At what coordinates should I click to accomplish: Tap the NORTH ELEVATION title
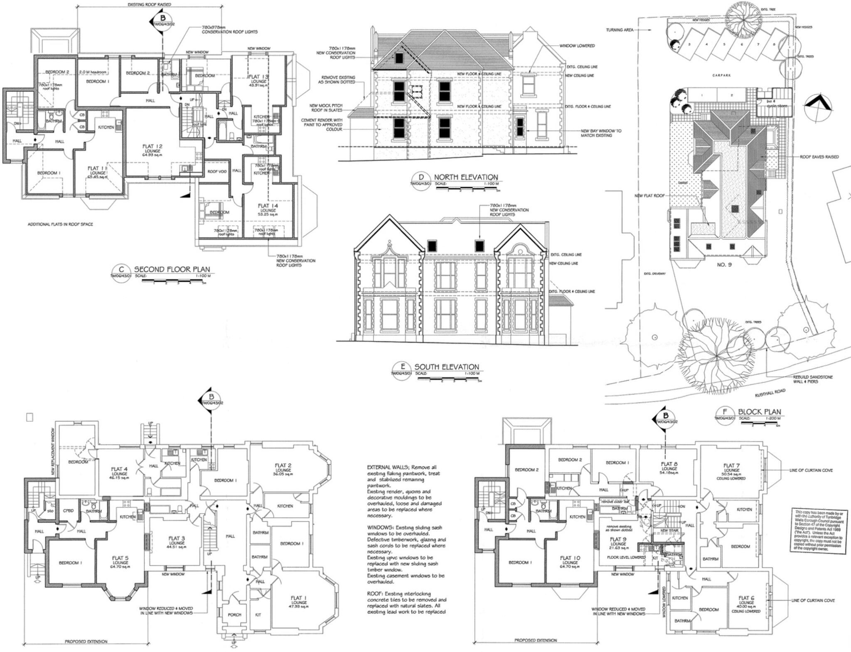coord(465,177)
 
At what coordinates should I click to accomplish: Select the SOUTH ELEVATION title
coord(446,367)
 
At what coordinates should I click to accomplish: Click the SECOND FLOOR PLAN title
coord(172,269)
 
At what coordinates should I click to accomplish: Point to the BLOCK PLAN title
coord(759,411)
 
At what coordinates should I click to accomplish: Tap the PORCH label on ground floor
coord(234,615)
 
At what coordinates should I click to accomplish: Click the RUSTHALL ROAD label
coord(770,393)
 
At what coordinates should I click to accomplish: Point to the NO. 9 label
coord(724,265)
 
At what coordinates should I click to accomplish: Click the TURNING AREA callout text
coord(620,30)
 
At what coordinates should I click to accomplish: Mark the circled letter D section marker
coord(421,177)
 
